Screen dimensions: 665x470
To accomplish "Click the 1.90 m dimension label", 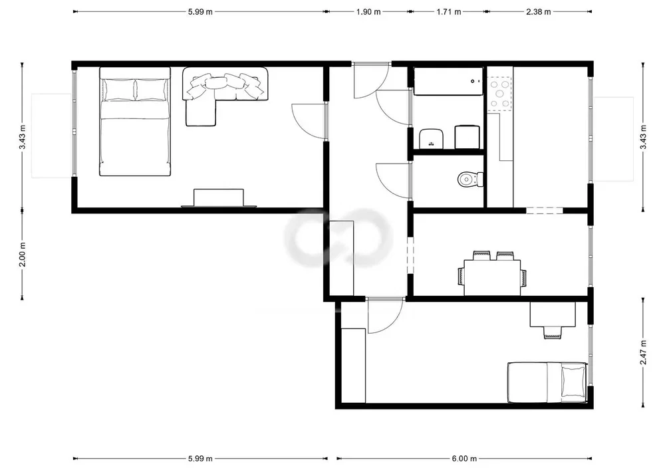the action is tap(368, 12).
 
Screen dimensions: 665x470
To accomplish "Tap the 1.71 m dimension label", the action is tap(449, 12).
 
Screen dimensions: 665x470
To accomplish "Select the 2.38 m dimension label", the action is tap(539, 12).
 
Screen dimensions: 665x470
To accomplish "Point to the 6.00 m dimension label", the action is tap(464, 459).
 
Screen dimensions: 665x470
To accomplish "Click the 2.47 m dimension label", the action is tap(643, 352).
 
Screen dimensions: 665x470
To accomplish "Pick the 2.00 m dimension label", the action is tap(23, 255).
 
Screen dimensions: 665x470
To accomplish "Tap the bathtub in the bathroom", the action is tap(448, 81).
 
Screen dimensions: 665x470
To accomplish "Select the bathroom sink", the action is tap(432, 138).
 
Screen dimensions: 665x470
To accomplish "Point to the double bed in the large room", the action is tap(135, 121).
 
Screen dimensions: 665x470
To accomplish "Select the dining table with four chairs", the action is tap(492, 273).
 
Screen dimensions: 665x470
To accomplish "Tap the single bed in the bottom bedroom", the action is tap(547, 382).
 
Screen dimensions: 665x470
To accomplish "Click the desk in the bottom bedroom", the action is tap(553, 314).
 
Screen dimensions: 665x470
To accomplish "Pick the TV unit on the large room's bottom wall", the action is tap(218, 198).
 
